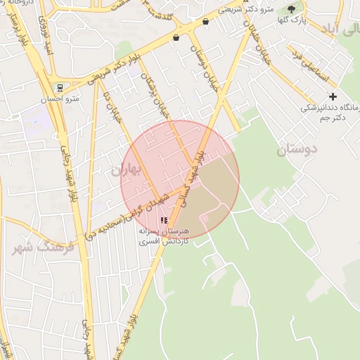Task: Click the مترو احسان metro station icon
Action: (x=60, y=89)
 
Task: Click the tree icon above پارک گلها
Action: (x=292, y=9)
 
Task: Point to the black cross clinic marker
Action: (x=333, y=96)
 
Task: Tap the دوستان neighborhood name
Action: (x=297, y=149)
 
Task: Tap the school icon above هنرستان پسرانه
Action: (x=164, y=220)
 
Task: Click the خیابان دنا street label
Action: (x=112, y=112)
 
